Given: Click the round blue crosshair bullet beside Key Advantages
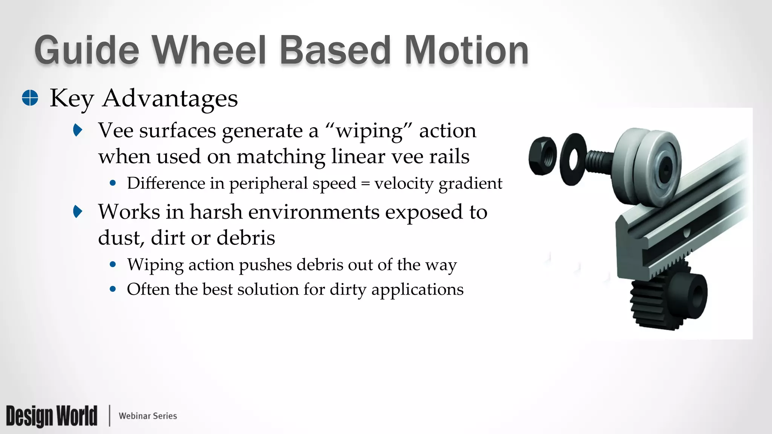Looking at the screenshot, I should [30, 98].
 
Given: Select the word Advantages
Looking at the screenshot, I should [170, 98].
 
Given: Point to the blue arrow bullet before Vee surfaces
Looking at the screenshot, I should [78, 130].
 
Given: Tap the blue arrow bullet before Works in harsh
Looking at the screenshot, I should [78, 211].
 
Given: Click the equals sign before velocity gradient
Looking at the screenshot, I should [365, 184].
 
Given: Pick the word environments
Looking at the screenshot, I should [314, 212].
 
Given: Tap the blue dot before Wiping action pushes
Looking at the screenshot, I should [113, 264].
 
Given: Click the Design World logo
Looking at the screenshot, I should [52, 416].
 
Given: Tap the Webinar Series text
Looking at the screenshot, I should [148, 416].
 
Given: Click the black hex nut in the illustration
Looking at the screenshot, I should [542, 156].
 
